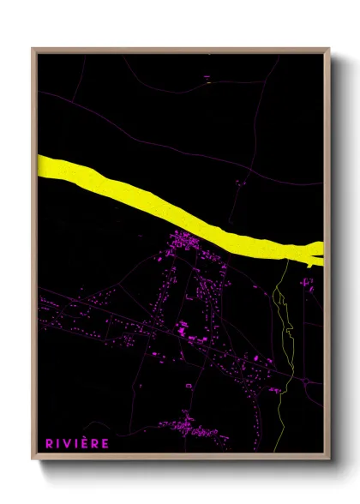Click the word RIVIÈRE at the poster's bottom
[78, 443]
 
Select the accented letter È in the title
[88, 443]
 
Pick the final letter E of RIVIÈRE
[106, 443]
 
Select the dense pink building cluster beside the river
[184, 243]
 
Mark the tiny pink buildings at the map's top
[207, 79]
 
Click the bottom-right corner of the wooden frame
[328, 460]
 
